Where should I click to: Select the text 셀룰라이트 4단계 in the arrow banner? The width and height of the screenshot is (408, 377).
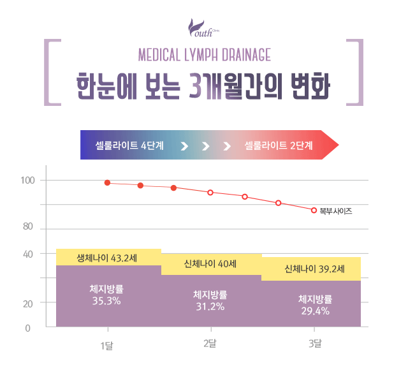pyautogui.click(x=129, y=145)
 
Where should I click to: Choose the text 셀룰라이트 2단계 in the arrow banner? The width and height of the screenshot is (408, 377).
pyautogui.click(x=279, y=145)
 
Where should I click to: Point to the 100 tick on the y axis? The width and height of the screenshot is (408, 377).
pyautogui.click(x=28, y=181)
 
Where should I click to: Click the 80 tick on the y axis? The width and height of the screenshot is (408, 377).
pyautogui.click(x=28, y=227)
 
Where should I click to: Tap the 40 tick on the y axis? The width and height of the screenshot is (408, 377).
pyautogui.click(x=28, y=254)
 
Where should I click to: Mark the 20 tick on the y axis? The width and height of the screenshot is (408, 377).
pyautogui.click(x=28, y=304)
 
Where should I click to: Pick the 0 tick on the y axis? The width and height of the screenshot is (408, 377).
pyautogui.click(x=28, y=329)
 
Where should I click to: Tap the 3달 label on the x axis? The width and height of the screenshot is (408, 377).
pyautogui.click(x=315, y=344)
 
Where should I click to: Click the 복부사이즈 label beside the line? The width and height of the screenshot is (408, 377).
pyautogui.click(x=336, y=210)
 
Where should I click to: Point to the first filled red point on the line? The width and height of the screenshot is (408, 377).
pyautogui.click(x=107, y=183)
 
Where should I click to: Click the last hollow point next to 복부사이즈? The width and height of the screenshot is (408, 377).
pyautogui.click(x=314, y=210)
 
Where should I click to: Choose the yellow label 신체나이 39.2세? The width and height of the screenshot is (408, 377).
pyautogui.click(x=315, y=269)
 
